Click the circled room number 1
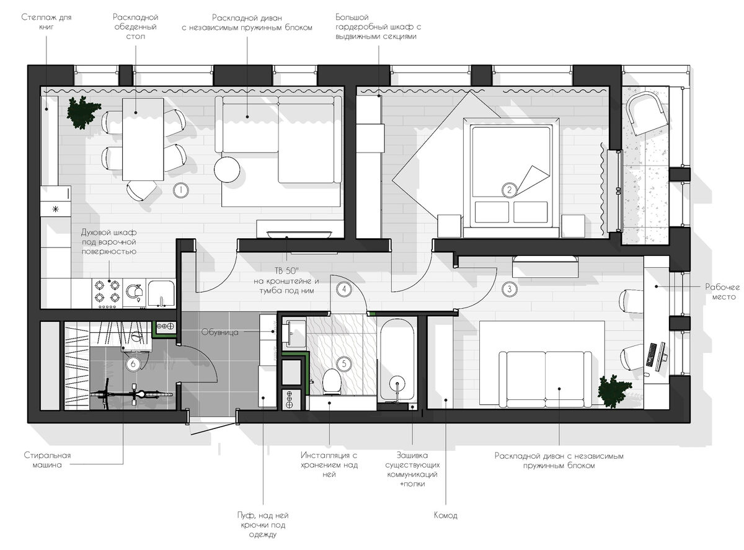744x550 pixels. (x=180, y=190)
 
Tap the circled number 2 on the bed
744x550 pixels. (x=509, y=190)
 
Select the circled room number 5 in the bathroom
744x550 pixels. (x=344, y=364)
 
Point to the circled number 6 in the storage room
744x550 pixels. (x=133, y=364)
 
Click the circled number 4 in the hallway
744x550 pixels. (x=344, y=289)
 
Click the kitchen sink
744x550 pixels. (x=161, y=294)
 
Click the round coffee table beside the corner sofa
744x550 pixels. (x=227, y=169)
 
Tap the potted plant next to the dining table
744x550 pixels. (x=82, y=112)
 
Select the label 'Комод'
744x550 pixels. (x=445, y=515)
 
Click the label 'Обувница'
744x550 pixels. (x=219, y=332)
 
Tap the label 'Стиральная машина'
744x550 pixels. (x=47, y=459)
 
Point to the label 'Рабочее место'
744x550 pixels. (x=722, y=291)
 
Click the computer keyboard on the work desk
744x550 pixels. (x=651, y=354)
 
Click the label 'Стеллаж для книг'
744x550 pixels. (x=46, y=22)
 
